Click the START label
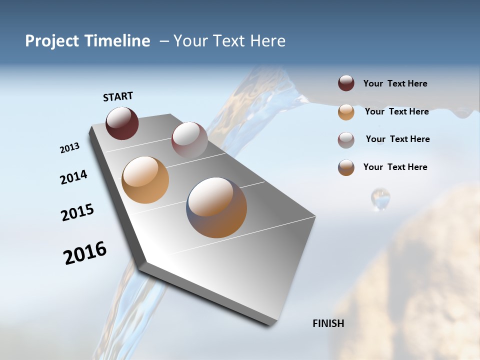[x=118, y=96]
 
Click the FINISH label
[x=328, y=323]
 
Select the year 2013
[x=69, y=148]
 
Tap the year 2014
[x=73, y=177]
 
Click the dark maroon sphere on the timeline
[x=122, y=123]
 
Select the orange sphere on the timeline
[x=145, y=180]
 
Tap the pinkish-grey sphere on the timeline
[x=189, y=140]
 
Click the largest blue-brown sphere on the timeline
[x=217, y=207]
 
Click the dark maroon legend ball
[x=346, y=83]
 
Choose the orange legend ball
[x=346, y=112]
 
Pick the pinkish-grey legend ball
[x=346, y=140]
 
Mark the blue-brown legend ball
[x=346, y=167]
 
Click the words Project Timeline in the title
[x=87, y=41]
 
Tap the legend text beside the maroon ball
[x=395, y=83]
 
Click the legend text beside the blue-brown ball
[x=395, y=167]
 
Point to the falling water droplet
[x=380, y=198]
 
